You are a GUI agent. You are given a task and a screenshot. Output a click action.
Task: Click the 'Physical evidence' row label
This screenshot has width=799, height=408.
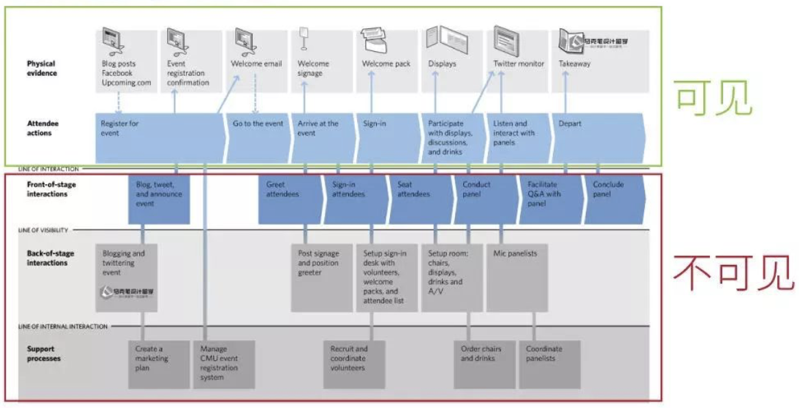pyautogui.click(x=42, y=68)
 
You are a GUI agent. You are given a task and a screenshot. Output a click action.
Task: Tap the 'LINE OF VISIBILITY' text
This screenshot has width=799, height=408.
pyautogui.click(x=43, y=231)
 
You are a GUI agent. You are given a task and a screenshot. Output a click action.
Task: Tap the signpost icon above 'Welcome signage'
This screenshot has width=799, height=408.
pyautogui.click(x=304, y=38)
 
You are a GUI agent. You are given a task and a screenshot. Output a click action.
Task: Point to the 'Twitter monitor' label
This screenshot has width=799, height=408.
pyautogui.click(x=519, y=64)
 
